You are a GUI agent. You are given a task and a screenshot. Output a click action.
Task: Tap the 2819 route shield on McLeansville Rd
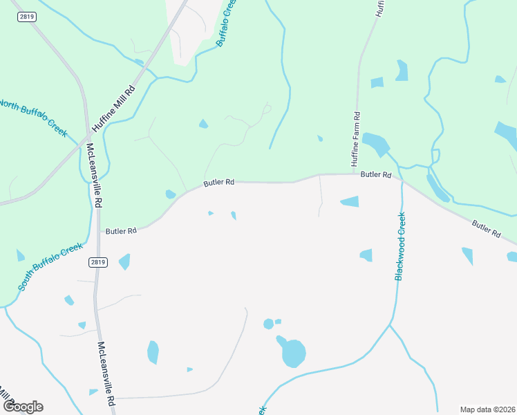coord(97,263)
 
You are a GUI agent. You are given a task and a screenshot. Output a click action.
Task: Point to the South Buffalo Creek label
coord(50,266)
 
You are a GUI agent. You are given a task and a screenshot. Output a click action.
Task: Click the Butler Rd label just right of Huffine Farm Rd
coord(376,175)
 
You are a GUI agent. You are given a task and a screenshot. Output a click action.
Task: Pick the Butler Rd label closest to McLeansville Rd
coord(120,230)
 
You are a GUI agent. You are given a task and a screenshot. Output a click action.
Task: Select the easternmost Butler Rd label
coord(486,229)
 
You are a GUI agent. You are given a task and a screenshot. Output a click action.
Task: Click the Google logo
coord(23,407)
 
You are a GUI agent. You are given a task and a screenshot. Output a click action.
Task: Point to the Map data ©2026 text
coord(487,409)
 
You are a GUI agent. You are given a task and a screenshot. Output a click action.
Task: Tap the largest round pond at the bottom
coord(294,354)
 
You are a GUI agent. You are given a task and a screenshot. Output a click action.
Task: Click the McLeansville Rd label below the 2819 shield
coord(106,373)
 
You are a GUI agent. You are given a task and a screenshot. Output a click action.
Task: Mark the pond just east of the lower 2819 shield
coord(124,261)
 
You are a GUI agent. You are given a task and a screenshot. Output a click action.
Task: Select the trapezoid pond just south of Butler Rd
coord(350,201)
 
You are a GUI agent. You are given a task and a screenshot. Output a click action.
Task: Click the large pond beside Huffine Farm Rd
coord(376,143)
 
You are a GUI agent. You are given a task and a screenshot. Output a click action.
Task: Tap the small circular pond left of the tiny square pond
coord(268,324)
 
